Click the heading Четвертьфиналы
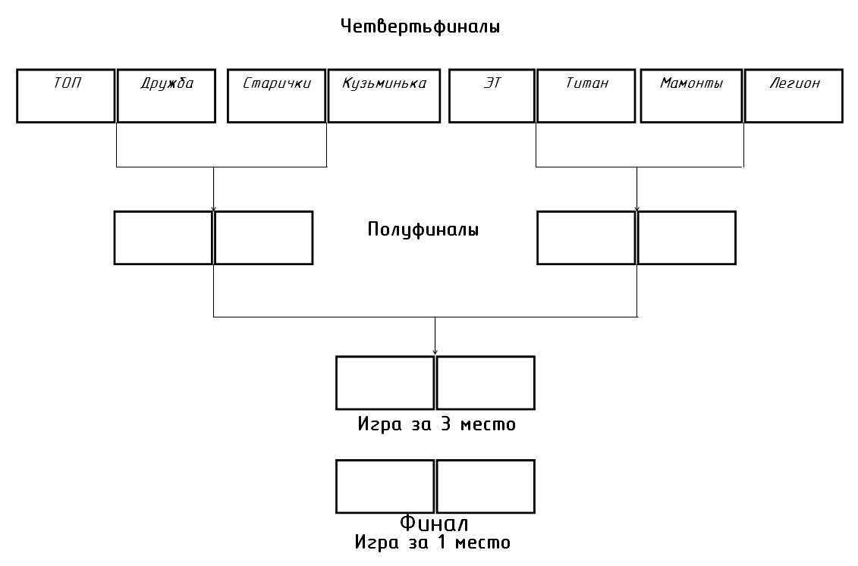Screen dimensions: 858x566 (x=420, y=27)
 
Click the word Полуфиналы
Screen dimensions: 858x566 (x=423, y=230)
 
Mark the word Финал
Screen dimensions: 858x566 (x=434, y=523)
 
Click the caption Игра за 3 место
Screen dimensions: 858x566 (x=437, y=424)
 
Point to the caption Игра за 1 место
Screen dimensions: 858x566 (x=432, y=542)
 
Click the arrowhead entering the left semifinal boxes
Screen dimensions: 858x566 (x=213, y=208)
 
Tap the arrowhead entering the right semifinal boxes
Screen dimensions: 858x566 (x=637, y=208)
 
